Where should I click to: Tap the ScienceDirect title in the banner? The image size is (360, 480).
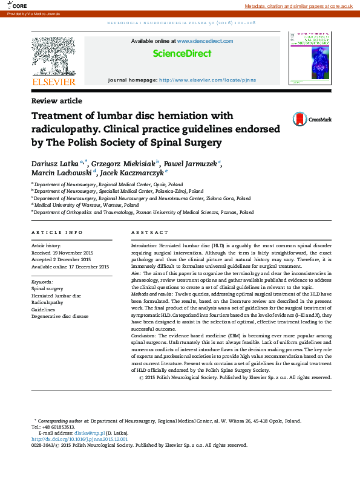click(182, 54)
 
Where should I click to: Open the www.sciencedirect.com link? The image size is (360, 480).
click(205, 41)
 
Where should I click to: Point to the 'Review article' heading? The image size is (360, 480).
click(57, 101)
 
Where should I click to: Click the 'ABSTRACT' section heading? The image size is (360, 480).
click(149, 233)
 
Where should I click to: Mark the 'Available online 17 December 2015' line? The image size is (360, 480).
click(70, 267)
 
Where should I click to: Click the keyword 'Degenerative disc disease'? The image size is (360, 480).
click(60, 316)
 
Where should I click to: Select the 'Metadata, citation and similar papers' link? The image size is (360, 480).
click(298, 5)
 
